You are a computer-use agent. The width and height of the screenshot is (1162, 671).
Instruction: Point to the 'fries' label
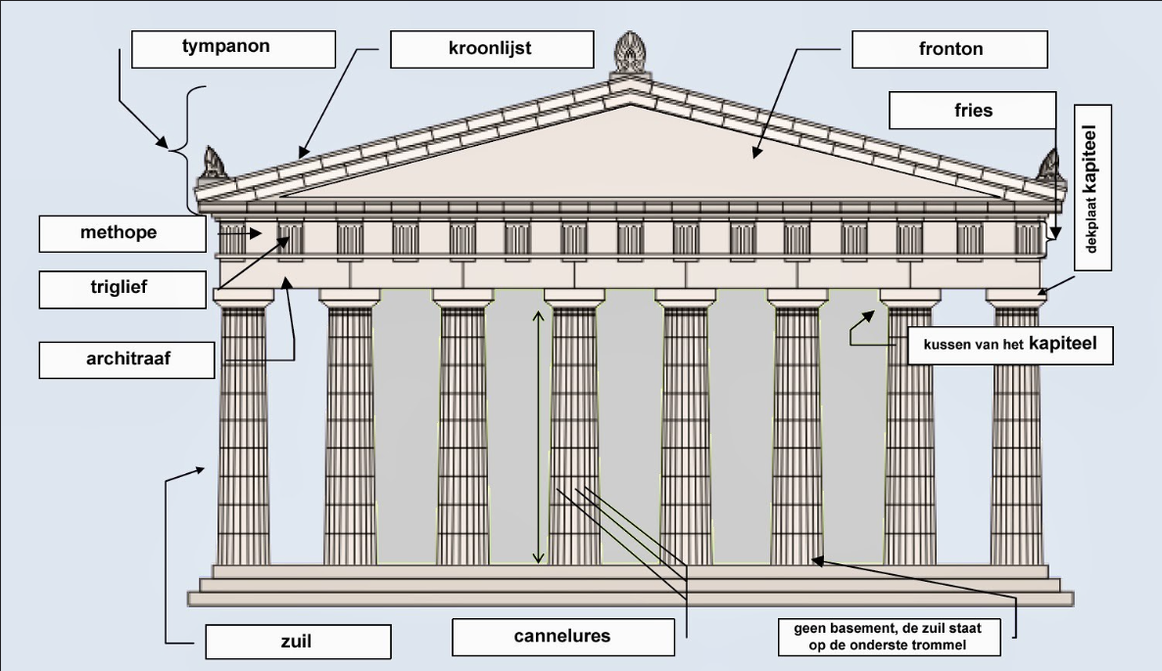pos(972,110)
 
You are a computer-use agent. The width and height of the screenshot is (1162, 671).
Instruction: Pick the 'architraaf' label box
pos(126,359)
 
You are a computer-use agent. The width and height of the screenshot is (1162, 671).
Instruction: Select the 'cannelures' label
pos(562,637)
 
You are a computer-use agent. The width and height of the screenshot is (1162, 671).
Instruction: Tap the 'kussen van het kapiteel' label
pos(1009,346)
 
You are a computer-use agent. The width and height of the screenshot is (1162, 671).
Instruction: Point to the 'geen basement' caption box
pos(888,636)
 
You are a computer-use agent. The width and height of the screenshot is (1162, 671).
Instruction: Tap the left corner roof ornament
pos(213,164)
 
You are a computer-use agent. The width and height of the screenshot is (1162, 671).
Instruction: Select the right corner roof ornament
pos(1049,164)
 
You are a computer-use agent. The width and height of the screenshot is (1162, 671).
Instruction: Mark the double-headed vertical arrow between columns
pos(537,437)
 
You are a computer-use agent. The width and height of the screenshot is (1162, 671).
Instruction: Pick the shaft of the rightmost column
pos(1016,441)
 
